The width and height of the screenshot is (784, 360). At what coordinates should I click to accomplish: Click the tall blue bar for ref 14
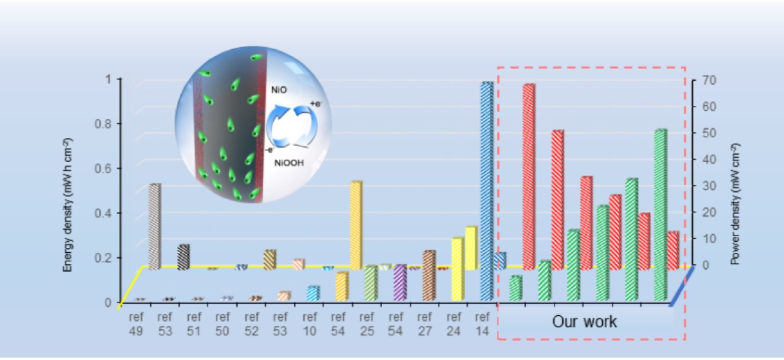(487, 191)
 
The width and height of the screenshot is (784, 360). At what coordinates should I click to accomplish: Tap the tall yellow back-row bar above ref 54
(356, 225)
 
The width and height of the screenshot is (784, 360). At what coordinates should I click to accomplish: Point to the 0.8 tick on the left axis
(112, 123)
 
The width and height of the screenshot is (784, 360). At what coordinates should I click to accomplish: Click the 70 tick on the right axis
(698, 80)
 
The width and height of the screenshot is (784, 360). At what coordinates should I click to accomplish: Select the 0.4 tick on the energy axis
(112, 213)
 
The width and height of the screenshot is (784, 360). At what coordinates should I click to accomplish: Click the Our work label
(584, 322)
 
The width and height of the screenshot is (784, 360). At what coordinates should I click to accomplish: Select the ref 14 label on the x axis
(483, 325)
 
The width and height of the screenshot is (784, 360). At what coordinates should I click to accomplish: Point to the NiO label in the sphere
(279, 90)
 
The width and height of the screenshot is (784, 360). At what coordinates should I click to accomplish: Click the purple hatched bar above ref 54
(400, 282)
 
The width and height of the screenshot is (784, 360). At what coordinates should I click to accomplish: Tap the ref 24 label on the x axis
(454, 325)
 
